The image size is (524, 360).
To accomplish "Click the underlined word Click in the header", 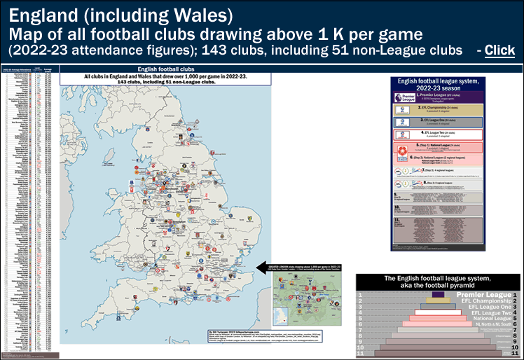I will tap(499, 50).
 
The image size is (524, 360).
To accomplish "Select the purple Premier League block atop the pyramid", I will tap(438, 296).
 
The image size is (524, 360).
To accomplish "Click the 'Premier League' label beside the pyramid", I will tap(483, 296).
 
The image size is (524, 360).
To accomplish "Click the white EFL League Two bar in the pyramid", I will tap(438, 312).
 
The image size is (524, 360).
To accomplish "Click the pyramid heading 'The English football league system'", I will tap(438, 279).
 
